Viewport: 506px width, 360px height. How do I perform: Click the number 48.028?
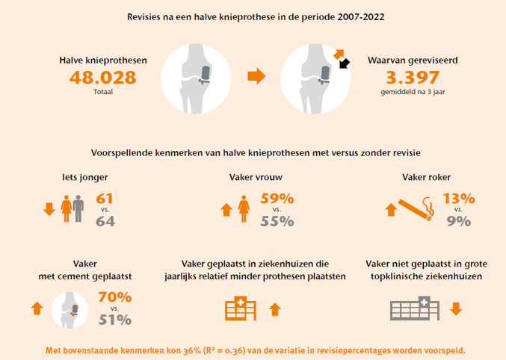(x=103, y=78)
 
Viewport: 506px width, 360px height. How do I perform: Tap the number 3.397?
(x=413, y=78)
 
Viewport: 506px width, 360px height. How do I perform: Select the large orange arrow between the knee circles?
(x=256, y=76)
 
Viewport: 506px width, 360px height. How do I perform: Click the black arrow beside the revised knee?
(x=345, y=63)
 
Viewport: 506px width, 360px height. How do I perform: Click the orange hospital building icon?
(x=241, y=308)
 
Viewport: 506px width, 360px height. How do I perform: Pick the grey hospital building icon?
(x=415, y=308)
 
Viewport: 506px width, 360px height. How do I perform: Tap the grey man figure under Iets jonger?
(x=78, y=208)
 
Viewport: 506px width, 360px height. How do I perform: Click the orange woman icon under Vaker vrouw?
(x=244, y=208)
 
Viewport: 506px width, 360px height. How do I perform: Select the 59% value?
(x=277, y=199)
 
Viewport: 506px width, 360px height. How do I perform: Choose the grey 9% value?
(x=459, y=221)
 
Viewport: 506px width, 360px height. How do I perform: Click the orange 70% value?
(x=115, y=297)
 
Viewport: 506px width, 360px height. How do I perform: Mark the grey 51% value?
(x=115, y=320)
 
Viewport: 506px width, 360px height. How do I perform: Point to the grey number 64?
(x=105, y=221)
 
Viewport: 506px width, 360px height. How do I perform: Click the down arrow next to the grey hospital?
(x=456, y=308)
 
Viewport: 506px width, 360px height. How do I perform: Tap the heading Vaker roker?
(x=426, y=177)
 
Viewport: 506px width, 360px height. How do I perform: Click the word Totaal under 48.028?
(x=103, y=92)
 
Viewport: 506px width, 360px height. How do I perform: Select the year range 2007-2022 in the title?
(x=361, y=16)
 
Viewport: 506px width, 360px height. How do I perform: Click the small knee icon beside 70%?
(x=70, y=310)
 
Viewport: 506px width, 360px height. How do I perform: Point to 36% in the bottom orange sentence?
(x=192, y=350)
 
